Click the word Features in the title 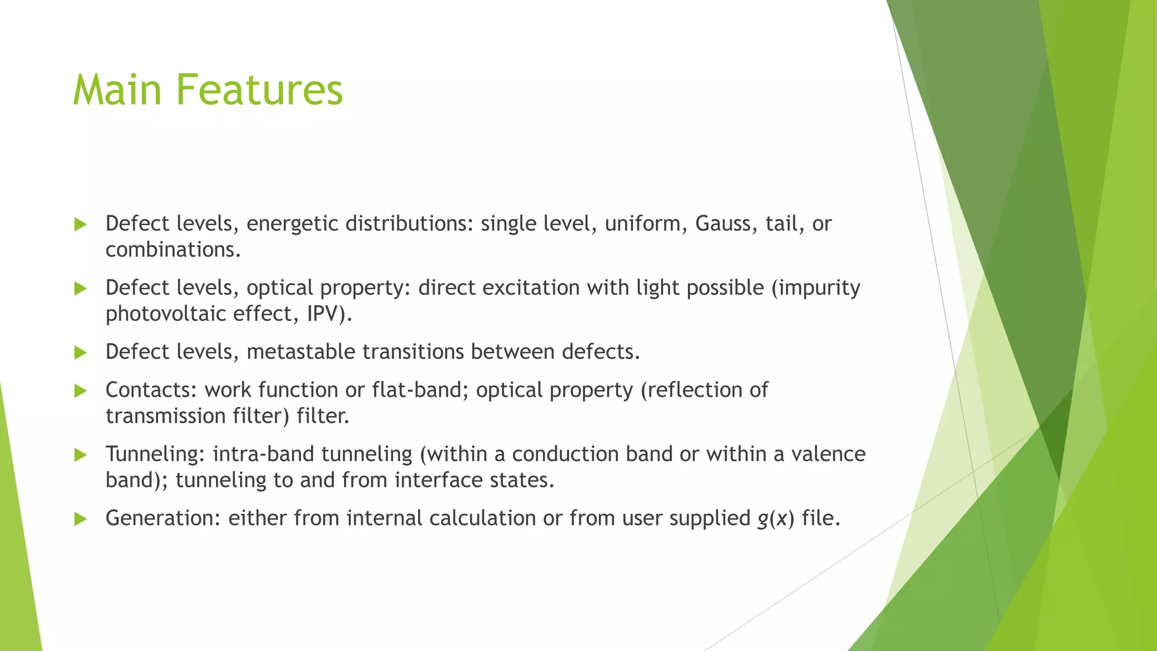pos(259,90)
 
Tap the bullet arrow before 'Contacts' pos(80,391)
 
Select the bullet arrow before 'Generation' pos(80,519)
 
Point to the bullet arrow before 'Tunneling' pos(80,455)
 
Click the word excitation pos(530,288)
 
